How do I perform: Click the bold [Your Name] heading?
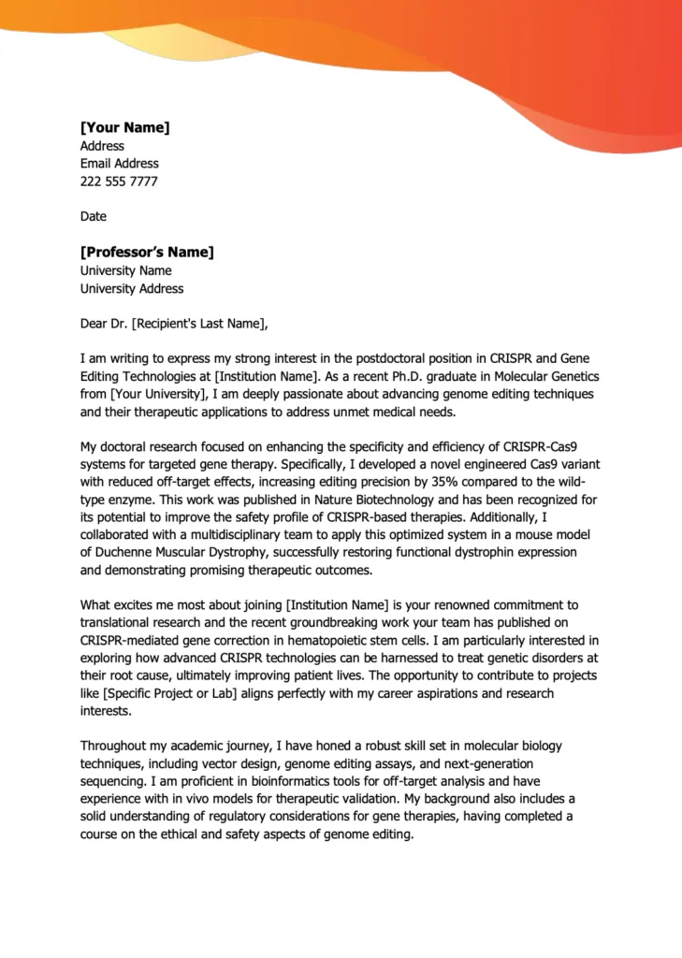coord(124,127)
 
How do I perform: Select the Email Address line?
coord(119,164)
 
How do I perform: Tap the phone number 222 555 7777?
coord(119,181)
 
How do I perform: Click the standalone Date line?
coord(94,216)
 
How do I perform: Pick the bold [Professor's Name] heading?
coord(147,252)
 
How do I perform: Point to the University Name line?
coord(125,271)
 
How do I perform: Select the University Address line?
coord(132,289)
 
